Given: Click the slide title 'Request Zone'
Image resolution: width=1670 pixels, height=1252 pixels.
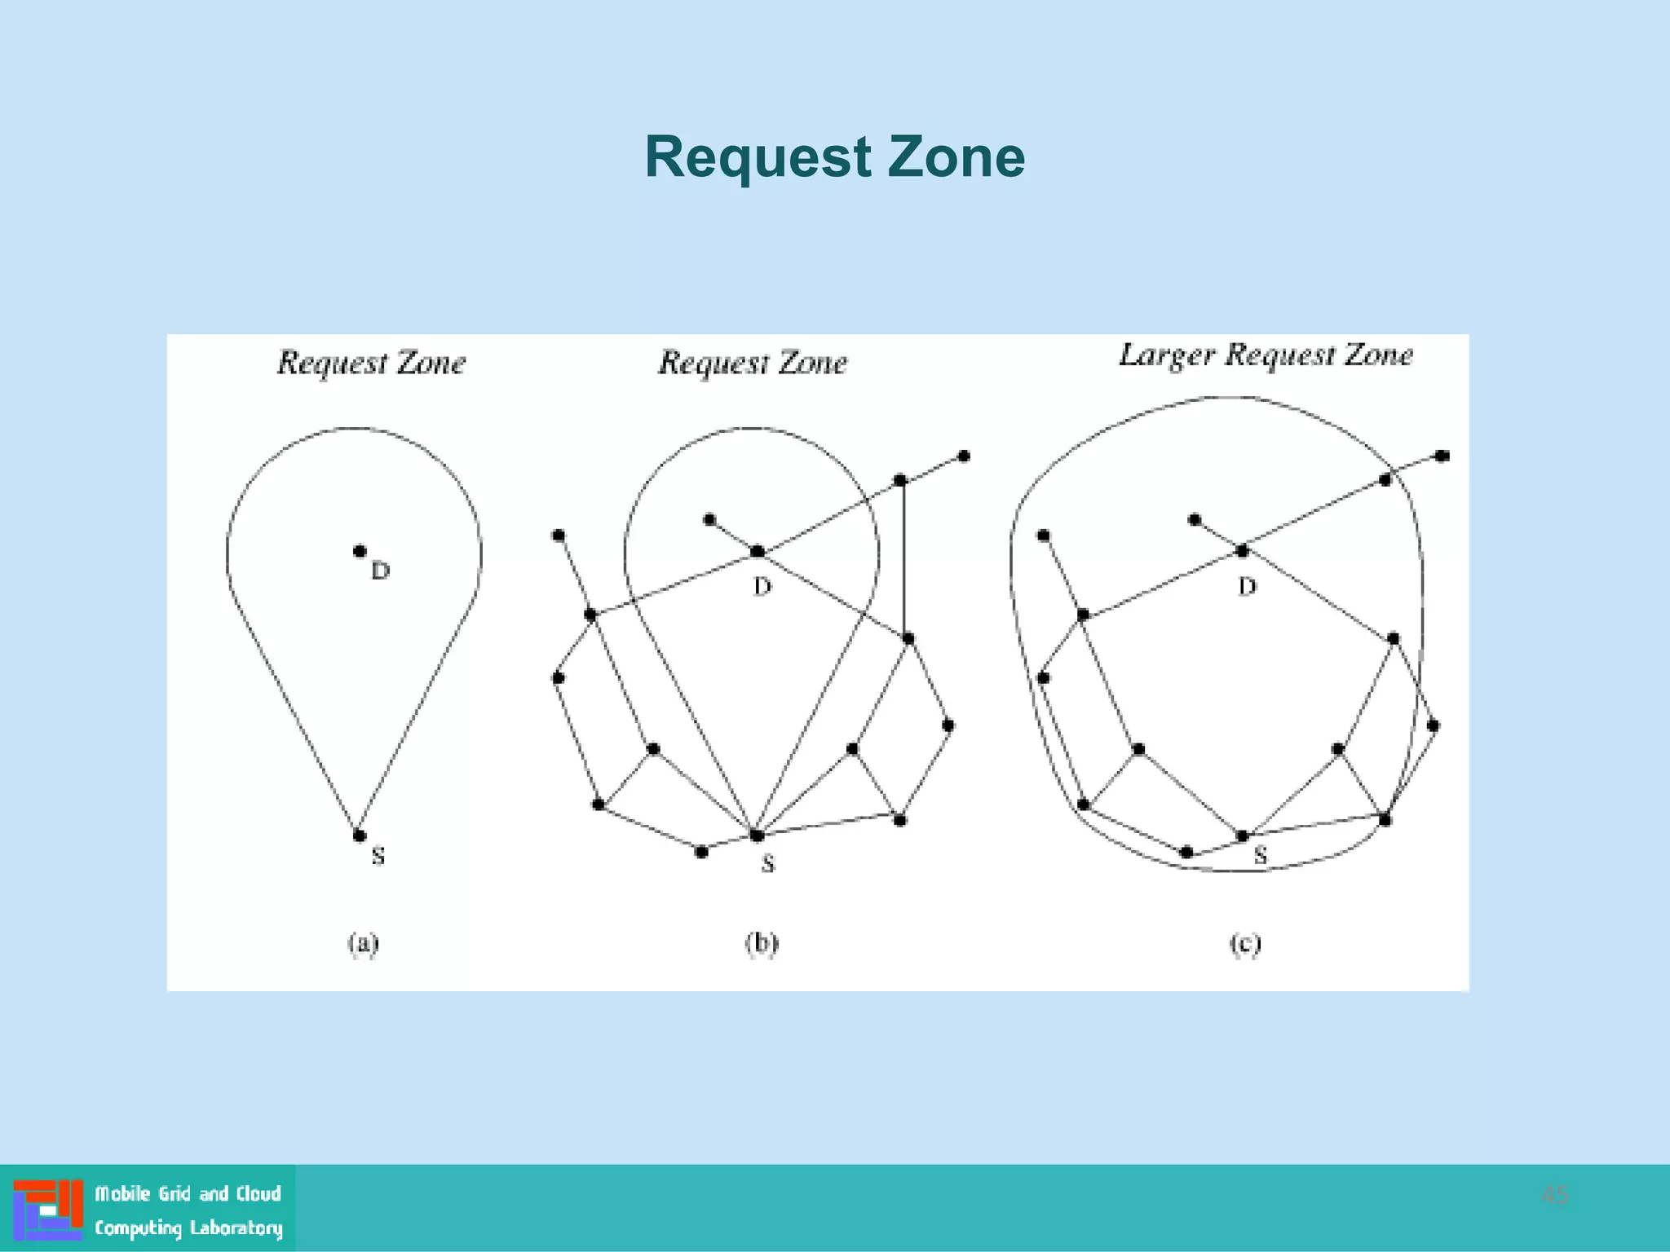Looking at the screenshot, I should click(834, 156).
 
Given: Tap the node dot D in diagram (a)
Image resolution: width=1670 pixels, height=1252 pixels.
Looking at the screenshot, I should click(360, 551).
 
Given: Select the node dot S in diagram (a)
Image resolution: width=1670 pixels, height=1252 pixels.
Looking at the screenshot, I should click(360, 835).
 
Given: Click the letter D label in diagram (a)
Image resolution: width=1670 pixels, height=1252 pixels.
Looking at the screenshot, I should click(381, 571).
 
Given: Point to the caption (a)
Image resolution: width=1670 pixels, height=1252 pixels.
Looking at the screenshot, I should click(364, 943).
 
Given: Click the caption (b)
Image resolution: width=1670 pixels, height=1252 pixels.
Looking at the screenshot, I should click(762, 943).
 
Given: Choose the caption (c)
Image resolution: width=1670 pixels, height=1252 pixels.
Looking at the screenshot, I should click(1245, 943).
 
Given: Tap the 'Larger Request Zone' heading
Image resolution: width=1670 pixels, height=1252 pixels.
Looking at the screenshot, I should click(1266, 355).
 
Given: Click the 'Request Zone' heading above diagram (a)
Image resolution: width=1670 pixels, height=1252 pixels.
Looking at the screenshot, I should click(371, 363).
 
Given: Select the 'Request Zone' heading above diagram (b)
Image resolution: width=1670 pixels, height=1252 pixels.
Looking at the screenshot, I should click(753, 363).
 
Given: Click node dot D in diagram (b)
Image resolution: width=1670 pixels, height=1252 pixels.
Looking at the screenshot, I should click(758, 552).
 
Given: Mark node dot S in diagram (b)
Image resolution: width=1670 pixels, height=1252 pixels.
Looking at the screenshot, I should click(757, 835).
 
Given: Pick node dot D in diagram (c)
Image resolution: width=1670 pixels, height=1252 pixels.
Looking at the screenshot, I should click(1242, 552).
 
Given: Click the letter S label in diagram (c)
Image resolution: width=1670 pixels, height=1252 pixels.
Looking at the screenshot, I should click(1261, 855).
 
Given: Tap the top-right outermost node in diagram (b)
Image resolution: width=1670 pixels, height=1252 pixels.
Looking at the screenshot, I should click(964, 456).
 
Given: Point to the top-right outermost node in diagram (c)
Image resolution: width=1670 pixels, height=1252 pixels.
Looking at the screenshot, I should click(1442, 456).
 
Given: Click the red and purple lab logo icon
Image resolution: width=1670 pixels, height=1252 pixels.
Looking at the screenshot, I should click(48, 1209).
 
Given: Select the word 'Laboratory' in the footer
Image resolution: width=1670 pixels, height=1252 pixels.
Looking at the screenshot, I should click(236, 1228).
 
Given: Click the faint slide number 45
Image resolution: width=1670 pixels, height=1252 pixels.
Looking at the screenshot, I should click(1554, 1195).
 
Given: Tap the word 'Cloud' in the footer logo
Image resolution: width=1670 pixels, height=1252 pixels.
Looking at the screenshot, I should click(258, 1193).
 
